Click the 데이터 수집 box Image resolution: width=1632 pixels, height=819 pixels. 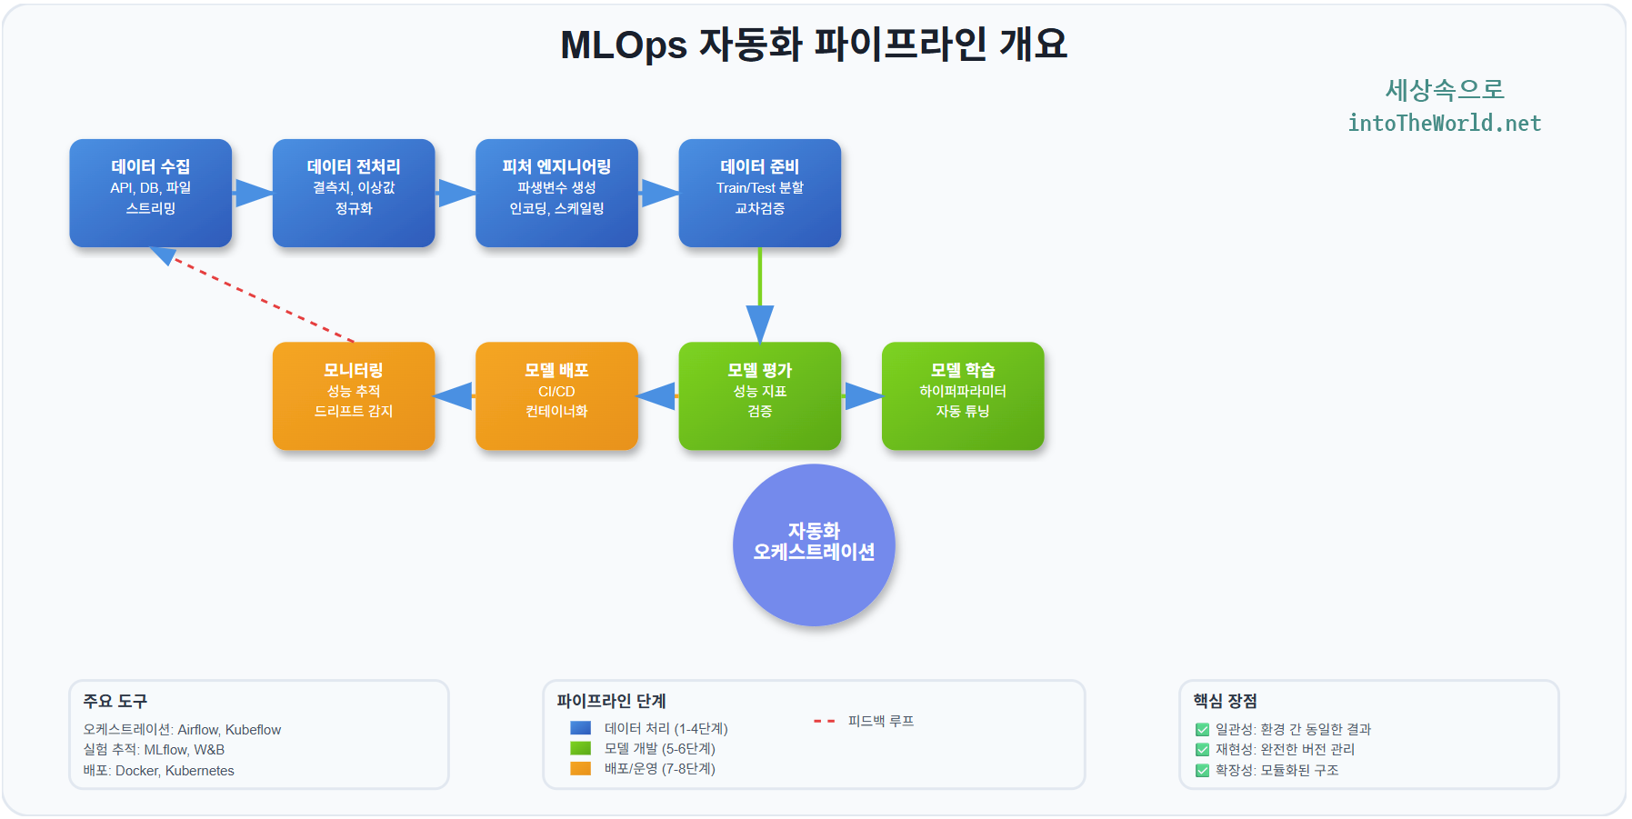[x=150, y=193]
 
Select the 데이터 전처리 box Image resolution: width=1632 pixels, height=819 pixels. [x=354, y=193]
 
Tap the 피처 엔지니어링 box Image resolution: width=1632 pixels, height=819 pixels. [x=556, y=193]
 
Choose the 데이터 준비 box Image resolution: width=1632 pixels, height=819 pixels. [x=759, y=193]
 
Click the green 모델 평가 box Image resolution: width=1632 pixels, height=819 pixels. [x=759, y=395]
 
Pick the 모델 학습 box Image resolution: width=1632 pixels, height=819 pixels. [x=963, y=395]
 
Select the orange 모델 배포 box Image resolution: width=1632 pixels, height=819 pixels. [x=556, y=395]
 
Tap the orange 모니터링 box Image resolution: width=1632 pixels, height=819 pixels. [x=354, y=395]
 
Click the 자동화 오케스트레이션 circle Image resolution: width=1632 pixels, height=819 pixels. [x=814, y=544]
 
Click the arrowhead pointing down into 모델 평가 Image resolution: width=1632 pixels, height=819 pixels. [x=760, y=323]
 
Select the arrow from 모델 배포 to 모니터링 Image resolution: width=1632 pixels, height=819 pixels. [x=455, y=396]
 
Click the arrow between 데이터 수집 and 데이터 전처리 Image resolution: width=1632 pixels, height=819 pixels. [x=253, y=193]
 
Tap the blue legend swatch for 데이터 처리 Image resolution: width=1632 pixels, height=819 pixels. [x=580, y=728]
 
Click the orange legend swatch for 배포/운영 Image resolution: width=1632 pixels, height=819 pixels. [x=580, y=769]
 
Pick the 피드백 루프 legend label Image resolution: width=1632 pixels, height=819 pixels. [x=880, y=721]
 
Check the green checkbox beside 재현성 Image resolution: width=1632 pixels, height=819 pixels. [x=1202, y=750]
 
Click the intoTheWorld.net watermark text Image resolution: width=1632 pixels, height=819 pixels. [x=1444, y=124]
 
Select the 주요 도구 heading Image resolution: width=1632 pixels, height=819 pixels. [x=115, y=701]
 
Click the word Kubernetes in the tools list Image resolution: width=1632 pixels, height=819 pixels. [x=199, y=771]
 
